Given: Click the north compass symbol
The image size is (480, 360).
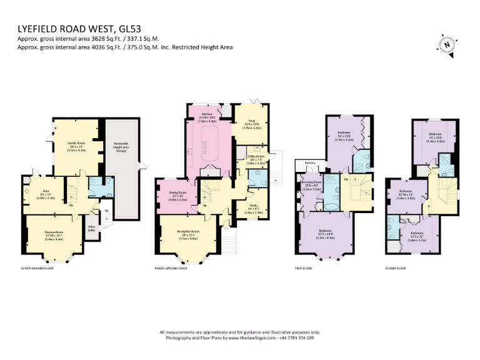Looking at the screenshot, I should pos(447,44).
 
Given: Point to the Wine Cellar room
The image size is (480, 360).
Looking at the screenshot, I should pos(92,227).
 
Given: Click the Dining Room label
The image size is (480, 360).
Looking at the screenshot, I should pos(178,194).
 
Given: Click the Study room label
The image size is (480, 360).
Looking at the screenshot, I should pos(253,209).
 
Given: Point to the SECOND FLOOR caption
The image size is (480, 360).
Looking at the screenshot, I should pos(396,268).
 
